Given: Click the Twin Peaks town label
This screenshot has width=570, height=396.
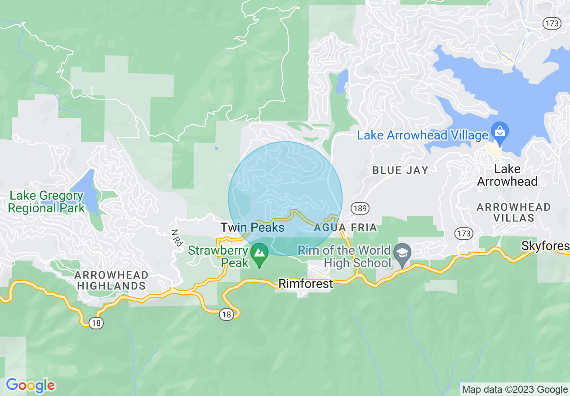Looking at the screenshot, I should [x=252, y=227].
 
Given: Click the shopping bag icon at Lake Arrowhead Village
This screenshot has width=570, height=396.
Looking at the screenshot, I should [x=499, y=131].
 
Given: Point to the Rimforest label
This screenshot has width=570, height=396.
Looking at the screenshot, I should [x=306, y=283].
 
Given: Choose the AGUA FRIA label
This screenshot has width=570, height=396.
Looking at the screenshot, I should [x=345, y=227].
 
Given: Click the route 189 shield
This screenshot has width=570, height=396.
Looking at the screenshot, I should [x=361, y=208].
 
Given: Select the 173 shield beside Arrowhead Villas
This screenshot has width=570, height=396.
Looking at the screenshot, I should [x=464, y=233].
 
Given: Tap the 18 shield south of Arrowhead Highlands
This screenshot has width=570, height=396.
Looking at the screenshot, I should [x=95, y=323].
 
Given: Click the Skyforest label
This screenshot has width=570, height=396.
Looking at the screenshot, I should [x=545, y=246].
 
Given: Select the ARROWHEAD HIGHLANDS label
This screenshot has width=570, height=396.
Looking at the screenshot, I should [x=111, y=280].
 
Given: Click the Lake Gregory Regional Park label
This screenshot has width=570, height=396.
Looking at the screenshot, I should [x=46, y=202].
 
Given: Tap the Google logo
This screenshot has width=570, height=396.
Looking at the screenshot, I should [x=31, y=385].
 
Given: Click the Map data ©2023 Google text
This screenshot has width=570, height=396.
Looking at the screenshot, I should [x=515, y=390].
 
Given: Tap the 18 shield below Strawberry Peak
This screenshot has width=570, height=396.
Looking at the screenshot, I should [x=227, y=315].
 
